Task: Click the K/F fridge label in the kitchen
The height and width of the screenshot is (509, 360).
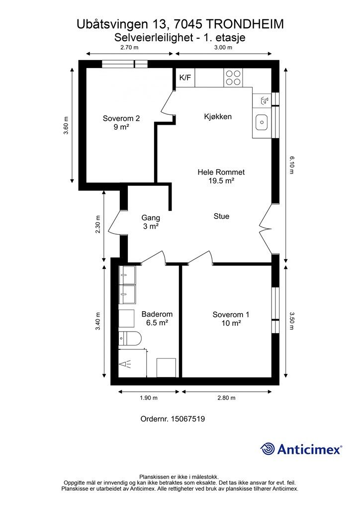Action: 185,78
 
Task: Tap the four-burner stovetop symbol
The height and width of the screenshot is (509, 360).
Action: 233,78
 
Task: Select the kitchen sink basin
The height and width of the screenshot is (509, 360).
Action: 262,122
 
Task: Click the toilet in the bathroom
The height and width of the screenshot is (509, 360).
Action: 130,339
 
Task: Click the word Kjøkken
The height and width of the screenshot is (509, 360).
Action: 218,116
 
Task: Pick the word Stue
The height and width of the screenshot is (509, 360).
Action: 221,216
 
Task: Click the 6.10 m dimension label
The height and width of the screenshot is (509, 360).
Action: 291,165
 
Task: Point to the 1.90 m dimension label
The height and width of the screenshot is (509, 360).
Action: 149,398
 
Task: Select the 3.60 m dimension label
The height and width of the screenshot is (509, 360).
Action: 66,125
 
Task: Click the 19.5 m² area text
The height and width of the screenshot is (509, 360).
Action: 221,181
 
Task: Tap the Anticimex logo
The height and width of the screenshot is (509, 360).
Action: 301,449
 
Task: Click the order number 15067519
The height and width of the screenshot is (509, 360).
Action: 188,419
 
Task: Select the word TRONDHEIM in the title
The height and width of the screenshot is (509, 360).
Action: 245,24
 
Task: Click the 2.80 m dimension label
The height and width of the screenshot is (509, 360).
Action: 227,398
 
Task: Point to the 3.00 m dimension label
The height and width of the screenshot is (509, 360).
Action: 223,47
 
